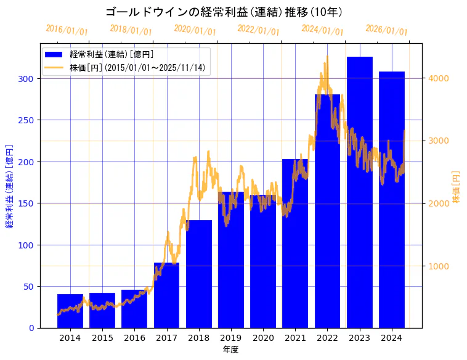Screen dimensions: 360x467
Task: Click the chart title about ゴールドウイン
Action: [x=224, y=12]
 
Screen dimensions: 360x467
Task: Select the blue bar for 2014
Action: [x=70, y=311]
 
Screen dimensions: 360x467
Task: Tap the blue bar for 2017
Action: [x=166, y=296]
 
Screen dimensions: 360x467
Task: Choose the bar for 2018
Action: [x=199, y=274]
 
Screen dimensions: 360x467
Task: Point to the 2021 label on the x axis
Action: [x=295, y=338]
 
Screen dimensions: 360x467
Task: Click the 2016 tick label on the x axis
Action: [x=134, y=338]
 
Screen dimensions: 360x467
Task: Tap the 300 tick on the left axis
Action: [x=27, y=79]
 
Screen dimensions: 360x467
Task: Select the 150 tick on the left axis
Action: [x=27, y=203]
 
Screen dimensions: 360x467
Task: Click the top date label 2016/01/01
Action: [x=67, y=30]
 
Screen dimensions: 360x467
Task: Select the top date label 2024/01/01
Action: [x=322, y=30]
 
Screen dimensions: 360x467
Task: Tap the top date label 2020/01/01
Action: [x=195, y=30]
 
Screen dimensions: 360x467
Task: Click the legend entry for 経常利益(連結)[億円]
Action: [x=112, y=55]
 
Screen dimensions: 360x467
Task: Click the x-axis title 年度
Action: [x=231, y=350]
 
